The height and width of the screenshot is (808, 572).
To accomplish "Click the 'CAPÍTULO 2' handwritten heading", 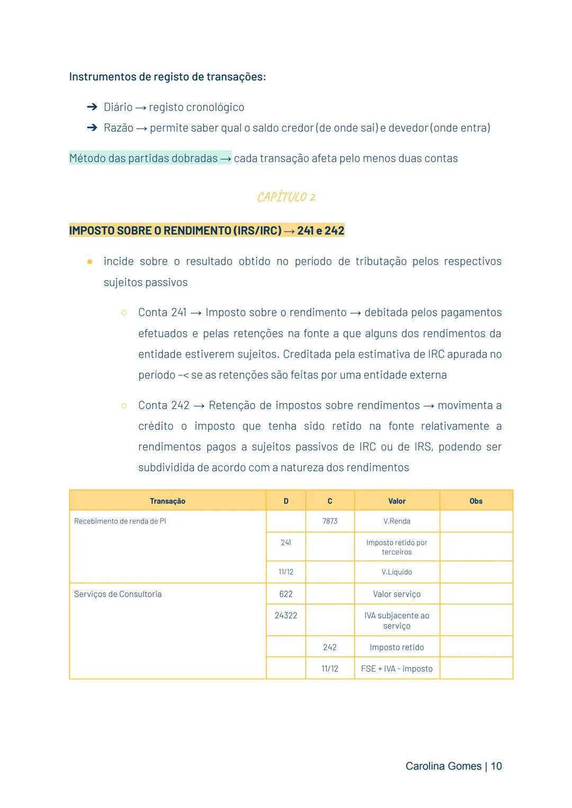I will pyautogui.click(x=286, y=197).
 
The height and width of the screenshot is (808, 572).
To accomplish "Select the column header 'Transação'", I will pyautogui.click(x=167, y=501).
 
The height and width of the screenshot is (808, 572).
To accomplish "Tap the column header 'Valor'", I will pyautogui.click(x=397, y=501).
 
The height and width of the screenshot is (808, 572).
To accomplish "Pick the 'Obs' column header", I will pyautogui.click(x=476, y=501).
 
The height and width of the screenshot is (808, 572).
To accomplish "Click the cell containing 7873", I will pyautogui.click(x=329, y=521).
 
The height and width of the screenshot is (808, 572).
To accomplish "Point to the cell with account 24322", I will pyautogui.click(x=285, y=615).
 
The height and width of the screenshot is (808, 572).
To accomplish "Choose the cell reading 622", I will pyautogui.click(x=285, y=594).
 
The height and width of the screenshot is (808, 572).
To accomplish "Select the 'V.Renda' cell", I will pyautogui.click(x=397, y=521).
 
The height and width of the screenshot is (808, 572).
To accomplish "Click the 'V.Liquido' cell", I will pyautogui.click(x=397, y=572).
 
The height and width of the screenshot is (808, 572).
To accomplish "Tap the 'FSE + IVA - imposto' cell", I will pyautogui.click(x=397, y=669).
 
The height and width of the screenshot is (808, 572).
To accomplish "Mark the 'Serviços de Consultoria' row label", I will pyautogui.click(x=118, y=594).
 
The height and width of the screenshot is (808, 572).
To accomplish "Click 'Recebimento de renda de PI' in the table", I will pyautogui.click(x=120, y=521).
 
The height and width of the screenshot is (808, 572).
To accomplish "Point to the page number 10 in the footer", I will pyautogui.click(x=496, y=766).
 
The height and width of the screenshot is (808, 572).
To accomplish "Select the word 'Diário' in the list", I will pyautogui.click(x=118, y=107).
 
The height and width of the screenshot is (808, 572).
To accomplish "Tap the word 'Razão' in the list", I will pyautogui.click(x=118, y=128).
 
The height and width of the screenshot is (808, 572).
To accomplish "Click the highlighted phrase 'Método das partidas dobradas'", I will pyautogui.click(x=144, y=158).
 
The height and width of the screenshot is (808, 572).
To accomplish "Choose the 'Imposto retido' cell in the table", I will pyautogui.click(x=397, y=647).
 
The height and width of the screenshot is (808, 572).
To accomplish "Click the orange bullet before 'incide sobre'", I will pyautogui.click(x=90, y=261).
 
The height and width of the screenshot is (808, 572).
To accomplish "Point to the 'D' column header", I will pyautogui.click(x=285, y=501).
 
